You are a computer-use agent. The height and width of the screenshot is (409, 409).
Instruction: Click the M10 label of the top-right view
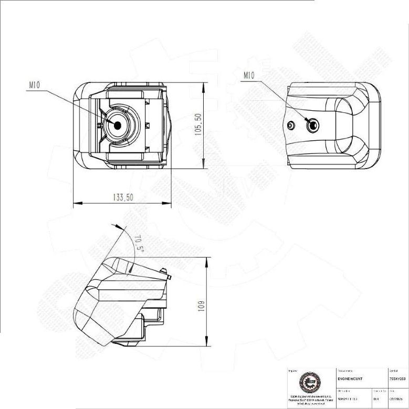pyautogui.click(x=249, y=75)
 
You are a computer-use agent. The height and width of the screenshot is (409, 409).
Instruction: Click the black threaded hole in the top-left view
pyautogui.click(x=117, y=125)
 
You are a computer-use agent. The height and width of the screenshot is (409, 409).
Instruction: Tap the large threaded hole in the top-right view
pyautogui.click(x=313, y=125)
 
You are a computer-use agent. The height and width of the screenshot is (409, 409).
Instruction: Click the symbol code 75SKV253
pyautogui.click(x=397, y=379)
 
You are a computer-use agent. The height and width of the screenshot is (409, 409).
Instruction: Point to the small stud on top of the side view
pyautogui.click(x=167, y=273)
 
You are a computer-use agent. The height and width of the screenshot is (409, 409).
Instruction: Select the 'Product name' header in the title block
pyautogui.click(x=344, y=371)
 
